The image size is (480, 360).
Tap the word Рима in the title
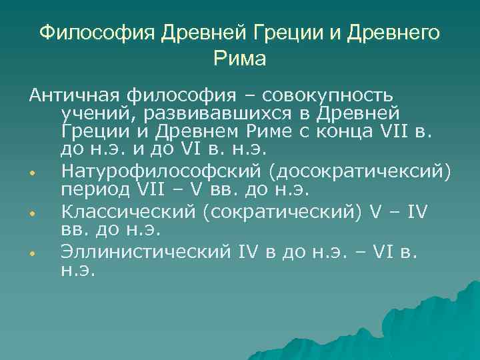240,59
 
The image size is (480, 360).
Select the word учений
95,114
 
